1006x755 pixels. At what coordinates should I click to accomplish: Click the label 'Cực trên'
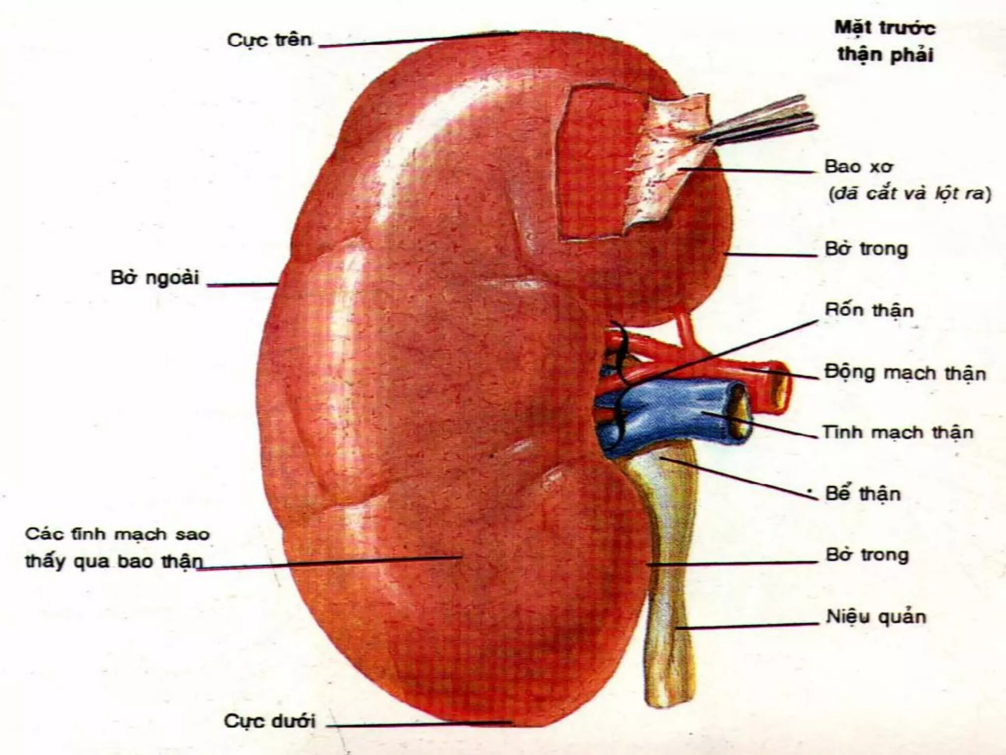click(269, 40)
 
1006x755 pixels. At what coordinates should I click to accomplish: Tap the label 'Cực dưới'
click(270, 722)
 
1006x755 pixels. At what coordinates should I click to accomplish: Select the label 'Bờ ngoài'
click(155, 278)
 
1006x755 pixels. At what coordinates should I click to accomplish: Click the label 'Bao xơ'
click(858, 167)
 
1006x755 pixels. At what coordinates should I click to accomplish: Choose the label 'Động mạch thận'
click(905, 373)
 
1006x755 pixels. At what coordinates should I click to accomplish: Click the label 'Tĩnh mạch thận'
click(898, 433)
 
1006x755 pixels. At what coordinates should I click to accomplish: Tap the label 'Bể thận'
click(863, 494)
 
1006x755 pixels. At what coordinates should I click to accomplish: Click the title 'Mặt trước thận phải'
click(885, 41)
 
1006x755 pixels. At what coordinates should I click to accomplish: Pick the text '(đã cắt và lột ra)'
click(909, 194)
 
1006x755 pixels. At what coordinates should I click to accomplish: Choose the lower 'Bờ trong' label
click(867, 555)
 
